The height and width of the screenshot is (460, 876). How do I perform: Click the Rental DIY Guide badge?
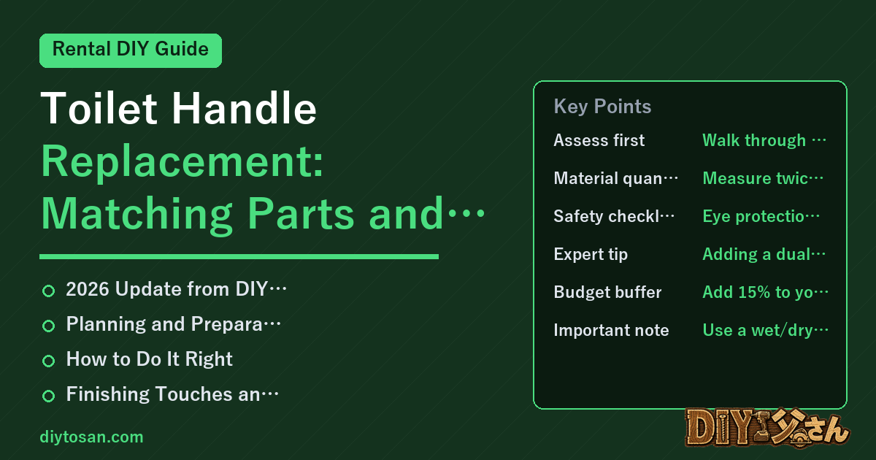tap(131, 50)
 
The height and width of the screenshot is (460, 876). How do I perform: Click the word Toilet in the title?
tap(99, 108)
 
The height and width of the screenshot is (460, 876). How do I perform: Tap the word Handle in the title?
tap(244, 108)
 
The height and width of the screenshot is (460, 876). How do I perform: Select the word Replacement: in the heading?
tap(182, 161)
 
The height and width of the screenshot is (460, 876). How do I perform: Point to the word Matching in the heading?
tap(137, 214)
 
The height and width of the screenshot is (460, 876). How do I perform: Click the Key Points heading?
tap(602, 107)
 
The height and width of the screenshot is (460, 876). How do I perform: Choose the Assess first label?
tap(599, 140)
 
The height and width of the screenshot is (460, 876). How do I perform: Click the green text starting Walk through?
tap(764, 140)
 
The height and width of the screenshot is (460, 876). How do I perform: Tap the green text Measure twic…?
tap(763, 178)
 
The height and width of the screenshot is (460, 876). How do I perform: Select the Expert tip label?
tap(591, 254)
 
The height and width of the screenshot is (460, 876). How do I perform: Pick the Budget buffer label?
tap(607, 292)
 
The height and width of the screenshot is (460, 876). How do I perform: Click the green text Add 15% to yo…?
tap(765, 292)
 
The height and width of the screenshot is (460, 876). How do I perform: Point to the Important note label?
tap(611, 330)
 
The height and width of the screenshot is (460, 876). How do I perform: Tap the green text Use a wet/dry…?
tap(765, 330)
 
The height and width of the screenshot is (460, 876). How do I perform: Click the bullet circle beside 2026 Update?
tap(48, 291)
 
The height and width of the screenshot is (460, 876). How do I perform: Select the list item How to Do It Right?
tap(149, 359)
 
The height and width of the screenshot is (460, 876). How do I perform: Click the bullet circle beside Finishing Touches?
tap(48, 396)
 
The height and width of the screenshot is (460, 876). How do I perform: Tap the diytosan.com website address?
tap(91, 437)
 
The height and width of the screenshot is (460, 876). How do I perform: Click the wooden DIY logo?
tap(767, 428)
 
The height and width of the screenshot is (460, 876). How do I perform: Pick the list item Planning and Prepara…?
tap(173, 324)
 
